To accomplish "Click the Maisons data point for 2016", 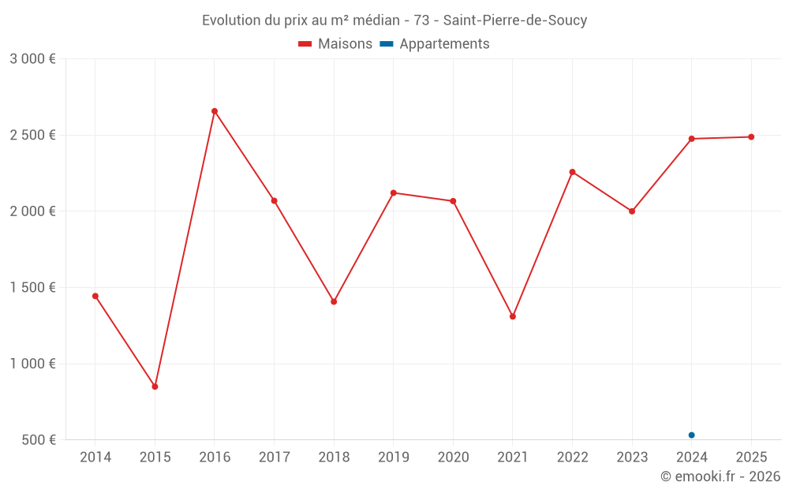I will pos(215,111).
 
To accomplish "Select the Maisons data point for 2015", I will pos(155,387).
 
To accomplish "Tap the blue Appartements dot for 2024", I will pos(691,435).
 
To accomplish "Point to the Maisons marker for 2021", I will pos(513,316).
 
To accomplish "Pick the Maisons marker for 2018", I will pos(334,301).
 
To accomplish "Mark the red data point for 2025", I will pos(751,136).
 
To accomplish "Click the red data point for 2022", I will pos(572,172).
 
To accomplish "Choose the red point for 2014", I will pos(95,296).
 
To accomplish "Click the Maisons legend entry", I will pos(335,44).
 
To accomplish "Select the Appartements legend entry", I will pos(436,44).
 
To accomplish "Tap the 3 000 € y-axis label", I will pos(32,58).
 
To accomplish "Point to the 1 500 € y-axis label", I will pos(32,287).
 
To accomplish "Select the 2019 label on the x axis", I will pos(394,457).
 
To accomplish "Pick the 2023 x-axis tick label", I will pos(632,457).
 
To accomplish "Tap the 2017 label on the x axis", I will pos(274,457).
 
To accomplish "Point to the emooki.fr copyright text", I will pos(720,476).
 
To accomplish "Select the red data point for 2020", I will pos(453,201).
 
